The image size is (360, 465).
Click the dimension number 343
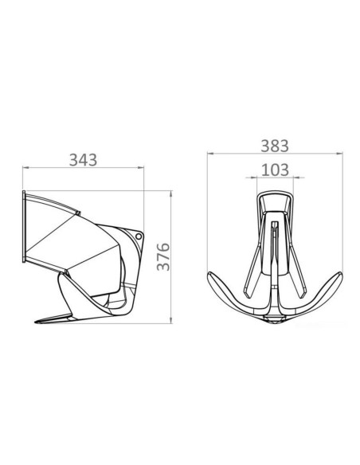[83, 160]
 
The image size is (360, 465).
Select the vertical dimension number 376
[163, 257]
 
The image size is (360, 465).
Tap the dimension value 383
[275, 146]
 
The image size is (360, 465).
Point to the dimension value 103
[275, 170]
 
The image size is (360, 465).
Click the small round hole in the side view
[139, 236]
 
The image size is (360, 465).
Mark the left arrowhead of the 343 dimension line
[25, 167]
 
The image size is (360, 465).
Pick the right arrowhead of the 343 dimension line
[141, 167]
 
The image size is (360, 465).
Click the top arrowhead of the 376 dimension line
[171, 194]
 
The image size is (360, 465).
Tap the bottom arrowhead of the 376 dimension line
[171, 320]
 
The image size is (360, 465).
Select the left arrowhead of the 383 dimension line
[210, 154]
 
